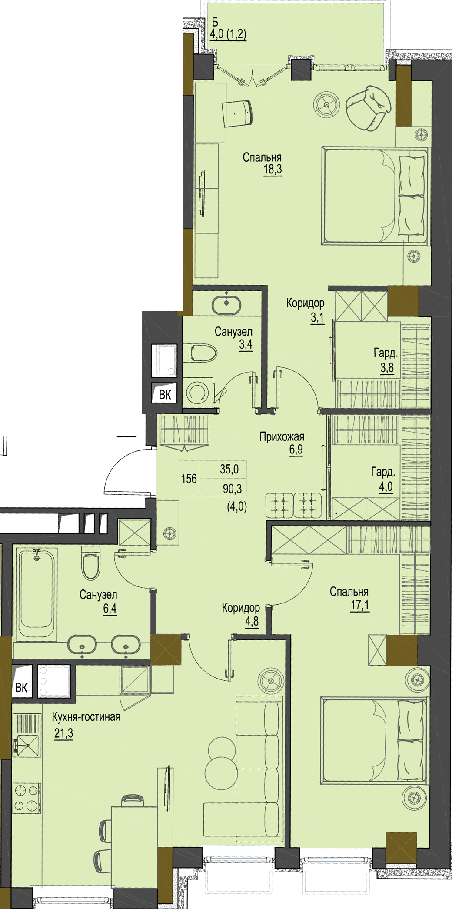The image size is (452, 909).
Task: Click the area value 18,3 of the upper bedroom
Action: pyautogui.click(x=273, y=169)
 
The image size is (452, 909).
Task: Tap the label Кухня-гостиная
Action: pyautogui.click(x=86, y=717)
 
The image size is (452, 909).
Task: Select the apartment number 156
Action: pyautogui.click(x=189, y=479)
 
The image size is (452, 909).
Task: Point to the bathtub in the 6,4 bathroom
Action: pyautogui.click(x=37, y=594)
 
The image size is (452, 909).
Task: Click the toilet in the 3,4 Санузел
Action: pyautogui.click(x=200, y=353)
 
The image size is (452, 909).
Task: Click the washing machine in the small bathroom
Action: pyautogui.click(x=198, y=392)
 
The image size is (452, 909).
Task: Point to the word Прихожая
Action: pyautogui.click(x=282, y=436)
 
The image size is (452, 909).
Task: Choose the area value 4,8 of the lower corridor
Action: pyautogui.click(x=252, y=621)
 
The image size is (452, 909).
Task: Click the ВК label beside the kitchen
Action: pyautogui.click(x=21, y=687)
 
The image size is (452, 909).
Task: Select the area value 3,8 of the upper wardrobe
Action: pyautogui.click(x=387, y=368)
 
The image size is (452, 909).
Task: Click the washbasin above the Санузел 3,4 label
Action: pyautogui.click(x=226, y=305)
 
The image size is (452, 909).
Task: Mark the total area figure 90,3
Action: pyautogui.click(x=232, y=489)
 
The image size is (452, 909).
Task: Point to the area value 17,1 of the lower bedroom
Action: pyautogui.click(x=360, y=605)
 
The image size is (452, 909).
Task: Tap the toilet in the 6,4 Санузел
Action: pyautogui.click(x=91, y=563)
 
